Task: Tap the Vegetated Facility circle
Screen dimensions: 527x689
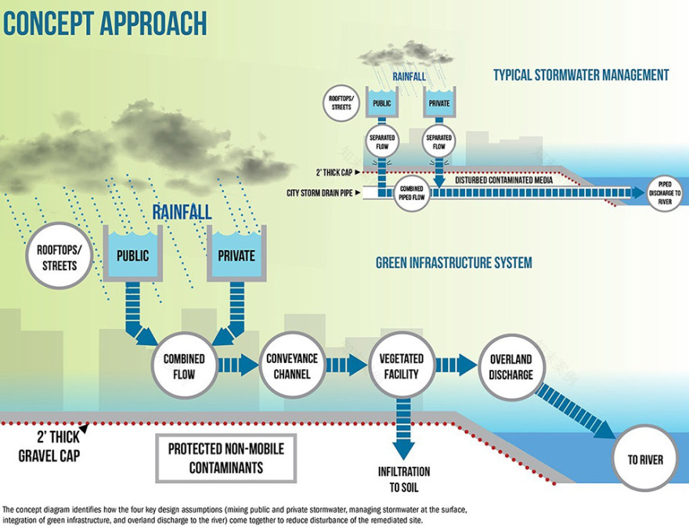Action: [x=402, y=365]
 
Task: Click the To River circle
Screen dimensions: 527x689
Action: [x=644, y=459]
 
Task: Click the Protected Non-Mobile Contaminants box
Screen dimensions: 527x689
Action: [x=225, y=459]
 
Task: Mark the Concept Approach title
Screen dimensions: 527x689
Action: [x=105, y=23]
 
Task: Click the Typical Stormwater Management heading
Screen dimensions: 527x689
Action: [x=581, y=75]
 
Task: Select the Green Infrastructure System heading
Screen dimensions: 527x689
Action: [x=453, y=263]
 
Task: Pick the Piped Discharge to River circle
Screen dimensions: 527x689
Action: [x=665, y=193]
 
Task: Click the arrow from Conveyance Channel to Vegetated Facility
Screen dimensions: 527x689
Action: [x=346, y=366]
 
